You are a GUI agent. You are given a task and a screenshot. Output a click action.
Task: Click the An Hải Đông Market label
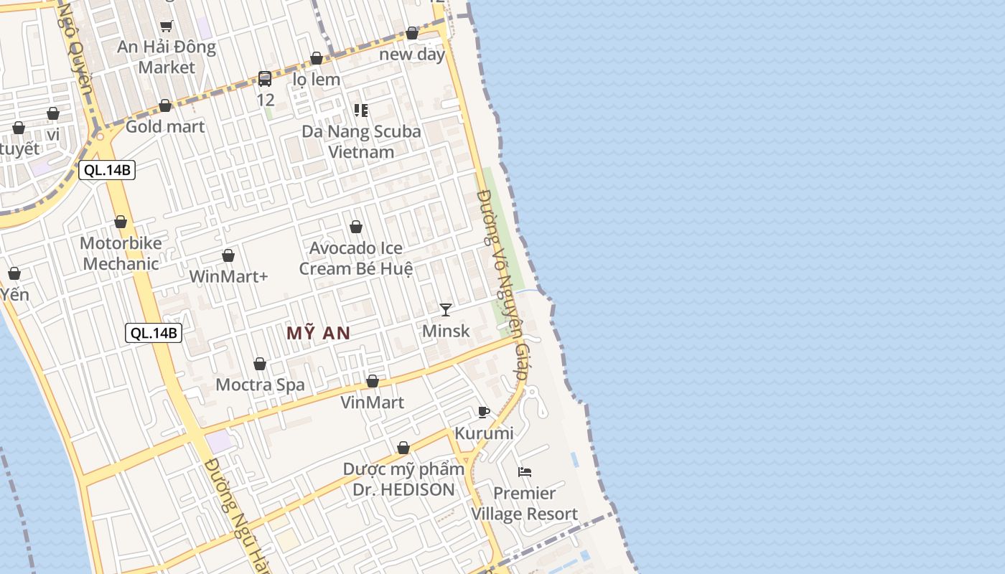(x=167, y=57)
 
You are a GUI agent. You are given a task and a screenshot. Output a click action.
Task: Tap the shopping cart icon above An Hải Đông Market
(x=167, y=26)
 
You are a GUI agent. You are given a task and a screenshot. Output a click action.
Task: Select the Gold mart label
(x=165, y=126)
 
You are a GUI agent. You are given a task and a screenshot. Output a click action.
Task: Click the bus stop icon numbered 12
(x=265, y=79)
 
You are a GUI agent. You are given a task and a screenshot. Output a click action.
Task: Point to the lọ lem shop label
(x=317, y=79)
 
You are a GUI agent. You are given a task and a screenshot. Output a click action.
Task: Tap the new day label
(x=412, y=54)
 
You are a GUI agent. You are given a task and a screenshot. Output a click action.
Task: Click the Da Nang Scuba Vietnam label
(x=361, y=141)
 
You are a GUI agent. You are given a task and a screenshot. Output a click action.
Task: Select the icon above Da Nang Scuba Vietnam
(x=361, y=110)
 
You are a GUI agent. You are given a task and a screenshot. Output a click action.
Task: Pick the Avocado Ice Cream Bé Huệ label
(x=356, y=258)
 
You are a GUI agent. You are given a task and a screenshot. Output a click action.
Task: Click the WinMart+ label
(x=228, y=276)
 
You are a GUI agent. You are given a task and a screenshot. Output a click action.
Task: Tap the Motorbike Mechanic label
(x=121, y=253)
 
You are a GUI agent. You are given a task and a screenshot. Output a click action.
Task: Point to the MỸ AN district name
(x=319, y=333)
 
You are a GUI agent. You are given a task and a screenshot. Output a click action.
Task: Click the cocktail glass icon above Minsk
(x=446, y=310)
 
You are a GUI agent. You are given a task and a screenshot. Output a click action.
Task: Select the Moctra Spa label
(x=260, y=385)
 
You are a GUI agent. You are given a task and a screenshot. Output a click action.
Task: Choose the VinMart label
(x=372, y=402)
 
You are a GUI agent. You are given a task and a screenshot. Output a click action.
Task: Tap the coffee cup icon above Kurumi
(x=484, y=412)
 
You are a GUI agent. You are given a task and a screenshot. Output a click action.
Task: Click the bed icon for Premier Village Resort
(x=525, y=471)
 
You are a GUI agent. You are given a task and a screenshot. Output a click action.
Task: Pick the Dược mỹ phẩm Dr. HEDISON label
(x=403, y=479)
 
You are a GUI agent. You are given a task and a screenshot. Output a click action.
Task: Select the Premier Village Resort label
(x=525, y=503)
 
